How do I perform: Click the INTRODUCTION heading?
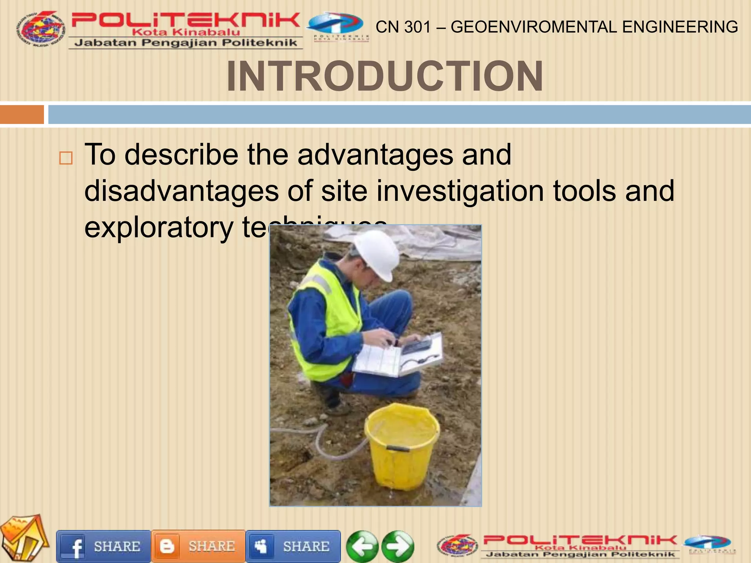tap(385, 76)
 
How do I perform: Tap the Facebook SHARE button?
tap(103, 547)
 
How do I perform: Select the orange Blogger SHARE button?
tap(198, 547)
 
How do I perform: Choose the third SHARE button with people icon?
tap(293, 547)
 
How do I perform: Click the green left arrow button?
tap(362, 547)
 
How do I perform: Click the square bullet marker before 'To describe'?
tap(66, 158)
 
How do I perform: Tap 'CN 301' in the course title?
tap(403, 27)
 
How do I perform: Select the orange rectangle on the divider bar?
tap(22, 114)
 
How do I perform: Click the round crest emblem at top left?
tap(40, 29)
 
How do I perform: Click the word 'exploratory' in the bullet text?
tap(158, 227)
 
